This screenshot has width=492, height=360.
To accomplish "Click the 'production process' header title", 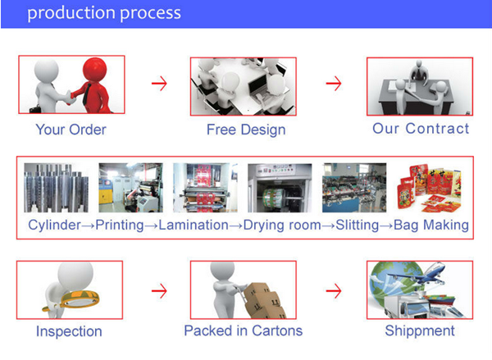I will (x=104, y=14).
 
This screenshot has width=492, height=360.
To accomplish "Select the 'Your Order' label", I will (x=71, y=130).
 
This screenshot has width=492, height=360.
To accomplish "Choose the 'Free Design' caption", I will (x=246, y=130).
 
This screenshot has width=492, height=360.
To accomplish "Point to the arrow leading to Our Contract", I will (x=333, y=84).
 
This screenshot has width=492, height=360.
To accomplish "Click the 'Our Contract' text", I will (x=421, y=129).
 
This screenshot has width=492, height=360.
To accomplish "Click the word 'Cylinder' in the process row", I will (x=55, y=225).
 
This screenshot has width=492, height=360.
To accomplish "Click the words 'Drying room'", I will (x=281, y=225).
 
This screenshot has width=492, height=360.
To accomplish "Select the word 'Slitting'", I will (x=357, y=225).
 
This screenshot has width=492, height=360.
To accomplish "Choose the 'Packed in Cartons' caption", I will (x=243, y=331).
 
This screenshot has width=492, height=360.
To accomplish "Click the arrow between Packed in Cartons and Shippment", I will (x=333, y=290).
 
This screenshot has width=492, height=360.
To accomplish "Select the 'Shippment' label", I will (x=420, y=331).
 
